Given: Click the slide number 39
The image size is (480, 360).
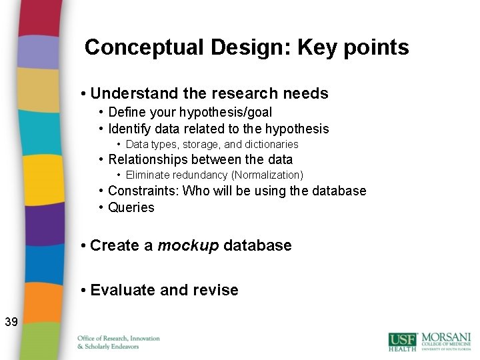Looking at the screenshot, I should pyautogui.click(x=11, y=323).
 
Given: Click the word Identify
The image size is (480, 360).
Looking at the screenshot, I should pyautogui.click(x=130, y=129).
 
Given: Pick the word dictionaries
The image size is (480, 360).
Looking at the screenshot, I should pyautogui.click(x=271, y=145).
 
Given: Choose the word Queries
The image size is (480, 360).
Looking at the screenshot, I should pyautogui.click(x=131, y=207).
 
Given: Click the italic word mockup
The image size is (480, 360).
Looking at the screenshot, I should pyautogui.click(x=188, y=245).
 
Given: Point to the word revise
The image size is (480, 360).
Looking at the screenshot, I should pyautogui.click(x=216, y=290).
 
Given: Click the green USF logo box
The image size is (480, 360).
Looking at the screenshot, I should pyautogui.click(x=403, y=340).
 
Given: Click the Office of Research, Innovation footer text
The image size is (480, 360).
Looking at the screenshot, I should pyautogui.click(x=119, y=339).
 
